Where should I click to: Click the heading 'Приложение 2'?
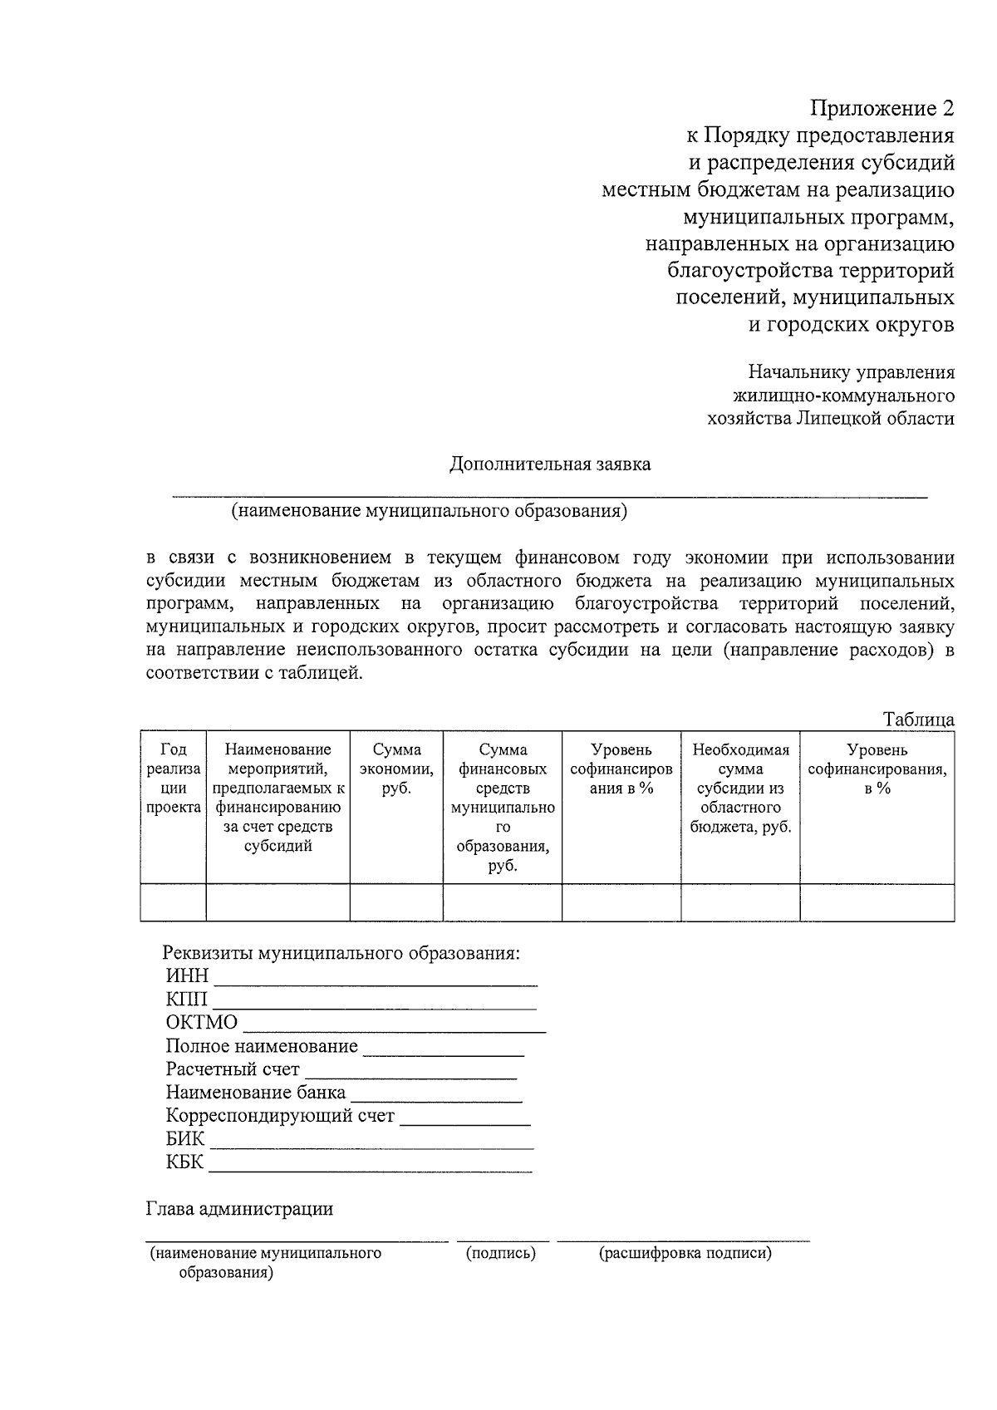(882, 109)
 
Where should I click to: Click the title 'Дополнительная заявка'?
(550, 464)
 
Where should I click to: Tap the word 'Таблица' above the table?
(918, 720)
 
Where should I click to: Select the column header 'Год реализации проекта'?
(173, 779)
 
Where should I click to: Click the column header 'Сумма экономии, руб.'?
(396, 769)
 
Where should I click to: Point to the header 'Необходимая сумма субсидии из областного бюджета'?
(740, 789)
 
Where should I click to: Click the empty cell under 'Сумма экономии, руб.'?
(396, 902)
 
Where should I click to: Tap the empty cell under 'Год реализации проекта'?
(173, 902)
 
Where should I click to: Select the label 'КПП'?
(187, 1000)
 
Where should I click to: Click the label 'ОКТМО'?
(202, 1023)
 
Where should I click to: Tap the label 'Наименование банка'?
(256, 1093)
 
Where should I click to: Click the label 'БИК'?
(185, 1139)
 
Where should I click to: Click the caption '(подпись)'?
(501, 1254)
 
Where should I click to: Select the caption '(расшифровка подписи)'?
(685, 1254)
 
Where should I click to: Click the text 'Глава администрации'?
(239, 1209)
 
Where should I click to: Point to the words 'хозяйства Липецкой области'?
(830, 419)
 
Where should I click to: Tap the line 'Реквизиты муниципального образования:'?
(341, 953)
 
